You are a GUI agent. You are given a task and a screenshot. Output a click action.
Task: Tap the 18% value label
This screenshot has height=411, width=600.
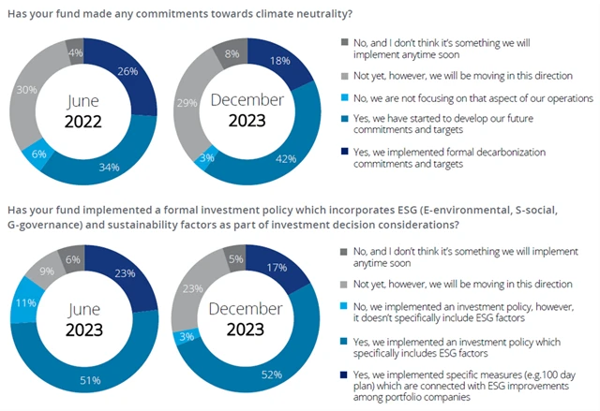278,60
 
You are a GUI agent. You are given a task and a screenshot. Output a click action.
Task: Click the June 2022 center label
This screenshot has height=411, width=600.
83,110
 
